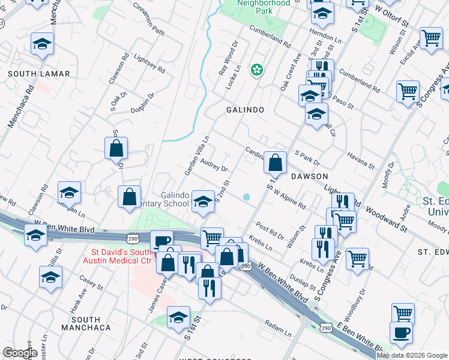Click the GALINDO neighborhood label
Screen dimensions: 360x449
[245, 110]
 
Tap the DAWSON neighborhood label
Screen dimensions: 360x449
[309, 176]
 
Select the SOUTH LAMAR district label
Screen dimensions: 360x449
[39, 74]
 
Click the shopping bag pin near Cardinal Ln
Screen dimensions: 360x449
[275, 161]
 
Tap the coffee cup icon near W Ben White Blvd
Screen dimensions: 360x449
[160, 241]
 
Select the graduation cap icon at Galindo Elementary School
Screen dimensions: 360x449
[203, 201]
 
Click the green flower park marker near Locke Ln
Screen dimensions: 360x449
[257, 71]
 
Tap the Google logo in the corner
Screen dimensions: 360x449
[19, 353]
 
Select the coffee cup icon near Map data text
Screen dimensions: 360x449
[401, 332]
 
